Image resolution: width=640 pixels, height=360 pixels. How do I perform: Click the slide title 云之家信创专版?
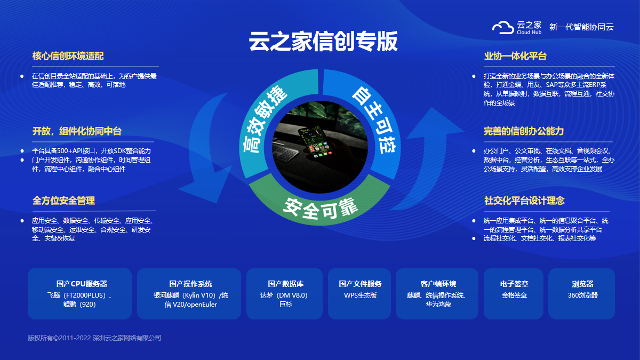pyautogui.click(x=323, y=42)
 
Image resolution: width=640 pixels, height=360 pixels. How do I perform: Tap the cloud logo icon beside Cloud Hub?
pyautogui.click(x=503, y=28)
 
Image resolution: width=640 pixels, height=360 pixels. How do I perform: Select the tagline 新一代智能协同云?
pyautogui.click(x=581, y=27)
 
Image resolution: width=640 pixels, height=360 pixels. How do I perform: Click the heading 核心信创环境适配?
pyautogui.click(x=68, y=56)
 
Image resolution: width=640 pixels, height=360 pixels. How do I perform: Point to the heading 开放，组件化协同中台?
pyautogui.click(x=77, y=131)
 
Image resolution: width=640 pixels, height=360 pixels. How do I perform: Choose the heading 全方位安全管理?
pyautogui.click(x=63, y=201)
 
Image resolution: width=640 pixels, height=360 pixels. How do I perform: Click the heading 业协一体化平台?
pyautogui.click(x=515, y=56)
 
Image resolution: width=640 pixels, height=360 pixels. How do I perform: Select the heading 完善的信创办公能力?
pyautogui.click(x=524, y=131)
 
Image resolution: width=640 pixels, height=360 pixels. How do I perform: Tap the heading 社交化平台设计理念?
pyautogui.click(x=524, y=201)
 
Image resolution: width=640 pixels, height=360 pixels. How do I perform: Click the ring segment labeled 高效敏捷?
pyautogui.click(x=266, y=114)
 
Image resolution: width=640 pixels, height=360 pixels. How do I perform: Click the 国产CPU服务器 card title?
pyautogui.click(x=82, y=284)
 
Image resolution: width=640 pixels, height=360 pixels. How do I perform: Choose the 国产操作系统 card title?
pyautogui.click(x=190, y=284)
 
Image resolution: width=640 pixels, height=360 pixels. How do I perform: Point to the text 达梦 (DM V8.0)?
pyautogui.click(x=284, y=295)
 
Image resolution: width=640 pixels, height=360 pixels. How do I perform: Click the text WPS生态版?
pyautogui.click(x=361, y=295)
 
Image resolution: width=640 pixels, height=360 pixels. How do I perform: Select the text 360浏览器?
pyautogui.click(x=582, y=295)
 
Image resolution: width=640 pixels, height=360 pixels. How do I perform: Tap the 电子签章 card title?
pyautogui.click(x=514, y=284)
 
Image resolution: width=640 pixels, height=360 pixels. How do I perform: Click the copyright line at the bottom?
pyautogui.click(x=94, y=338)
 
